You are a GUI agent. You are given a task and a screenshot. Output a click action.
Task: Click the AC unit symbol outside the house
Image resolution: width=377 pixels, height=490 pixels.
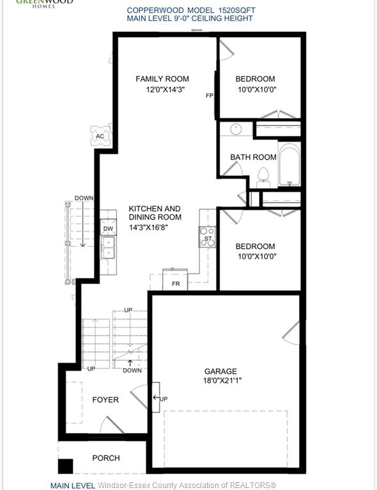[x=100, y=136]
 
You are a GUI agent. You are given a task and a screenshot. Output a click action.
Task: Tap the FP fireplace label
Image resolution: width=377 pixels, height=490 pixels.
[x=210, y=96]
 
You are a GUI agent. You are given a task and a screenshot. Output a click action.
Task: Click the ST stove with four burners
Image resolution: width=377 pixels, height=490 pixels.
[x=207, y=237]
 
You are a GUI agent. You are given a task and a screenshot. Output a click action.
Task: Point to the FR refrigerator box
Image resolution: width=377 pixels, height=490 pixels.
[x=175, y=279]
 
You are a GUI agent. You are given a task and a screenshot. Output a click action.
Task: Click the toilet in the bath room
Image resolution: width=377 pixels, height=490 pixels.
[x=263, y=177]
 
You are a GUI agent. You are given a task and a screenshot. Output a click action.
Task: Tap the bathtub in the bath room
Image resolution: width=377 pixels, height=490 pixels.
[x=289, y=164]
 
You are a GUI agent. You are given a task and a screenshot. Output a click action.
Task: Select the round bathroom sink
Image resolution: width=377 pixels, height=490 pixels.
[x=236, y=129]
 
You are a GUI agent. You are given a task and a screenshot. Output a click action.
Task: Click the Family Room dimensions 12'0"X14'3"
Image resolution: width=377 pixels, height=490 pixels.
[x=165, y=90]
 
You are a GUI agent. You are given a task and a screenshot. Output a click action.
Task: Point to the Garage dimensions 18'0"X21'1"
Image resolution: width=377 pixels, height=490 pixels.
[x=222, y=381]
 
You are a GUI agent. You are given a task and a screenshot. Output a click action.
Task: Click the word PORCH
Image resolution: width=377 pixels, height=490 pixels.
[x=106, y=458]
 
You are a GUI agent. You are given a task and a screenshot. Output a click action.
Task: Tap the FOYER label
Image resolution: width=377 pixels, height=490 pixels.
[x=105, y=399]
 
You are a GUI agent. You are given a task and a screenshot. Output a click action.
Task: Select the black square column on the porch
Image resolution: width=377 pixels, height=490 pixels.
[x=65, y=466]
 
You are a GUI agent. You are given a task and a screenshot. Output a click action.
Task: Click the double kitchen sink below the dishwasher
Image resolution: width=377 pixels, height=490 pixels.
[x=107, y=248]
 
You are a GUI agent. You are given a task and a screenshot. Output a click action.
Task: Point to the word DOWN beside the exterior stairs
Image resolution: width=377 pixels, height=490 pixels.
[x=84, y=198]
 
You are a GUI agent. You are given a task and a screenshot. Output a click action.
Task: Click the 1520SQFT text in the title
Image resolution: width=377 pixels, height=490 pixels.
[x=236, y=10]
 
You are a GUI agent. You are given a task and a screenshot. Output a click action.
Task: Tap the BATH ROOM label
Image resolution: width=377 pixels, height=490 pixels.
[x=254, y=157]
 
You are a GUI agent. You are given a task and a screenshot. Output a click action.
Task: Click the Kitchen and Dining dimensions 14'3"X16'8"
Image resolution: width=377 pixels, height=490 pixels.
[x=149, y=228]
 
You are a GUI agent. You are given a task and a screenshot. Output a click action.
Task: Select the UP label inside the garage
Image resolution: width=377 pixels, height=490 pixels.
[x=164, y=399]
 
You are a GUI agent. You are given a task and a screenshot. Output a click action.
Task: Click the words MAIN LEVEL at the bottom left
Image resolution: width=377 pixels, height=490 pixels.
[x=73, y=486]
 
